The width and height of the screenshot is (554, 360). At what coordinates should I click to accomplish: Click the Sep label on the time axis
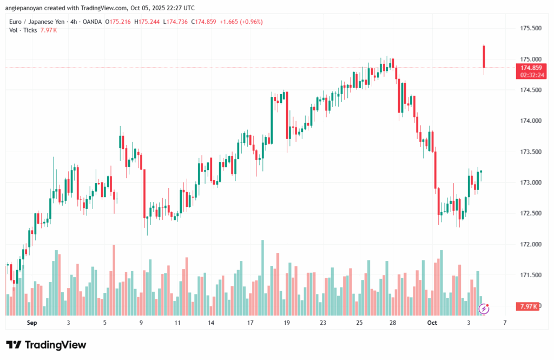point(32,323)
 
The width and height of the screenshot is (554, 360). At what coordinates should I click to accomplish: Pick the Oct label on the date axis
point(432,323)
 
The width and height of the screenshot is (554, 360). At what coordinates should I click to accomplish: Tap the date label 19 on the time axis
point(286,323)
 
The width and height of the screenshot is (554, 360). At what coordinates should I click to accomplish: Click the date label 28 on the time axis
point(393,323)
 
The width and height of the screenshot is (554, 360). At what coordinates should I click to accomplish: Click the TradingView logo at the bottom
point(46,345)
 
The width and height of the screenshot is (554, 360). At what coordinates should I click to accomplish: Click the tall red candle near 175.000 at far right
point(484,56)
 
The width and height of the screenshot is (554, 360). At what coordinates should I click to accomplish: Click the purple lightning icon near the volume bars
point(485,309)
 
